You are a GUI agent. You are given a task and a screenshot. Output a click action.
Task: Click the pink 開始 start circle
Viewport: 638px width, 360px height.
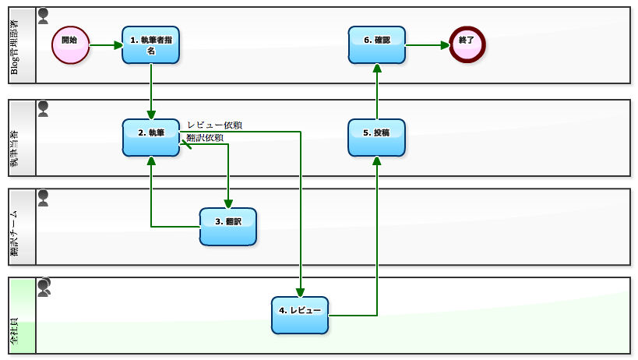[x=70, y=44]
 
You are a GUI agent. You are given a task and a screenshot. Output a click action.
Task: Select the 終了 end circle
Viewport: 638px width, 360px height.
[x=467, y=44]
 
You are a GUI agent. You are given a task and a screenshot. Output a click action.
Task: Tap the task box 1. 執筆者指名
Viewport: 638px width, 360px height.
[x=150, y=45]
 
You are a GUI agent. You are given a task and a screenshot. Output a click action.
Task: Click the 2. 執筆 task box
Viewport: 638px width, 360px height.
[x=150, y=136]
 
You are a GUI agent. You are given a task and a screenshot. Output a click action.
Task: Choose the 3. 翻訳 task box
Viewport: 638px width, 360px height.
[x=227, y=226]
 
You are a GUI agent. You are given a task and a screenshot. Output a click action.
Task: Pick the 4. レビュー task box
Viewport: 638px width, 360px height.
[x=300, y=315]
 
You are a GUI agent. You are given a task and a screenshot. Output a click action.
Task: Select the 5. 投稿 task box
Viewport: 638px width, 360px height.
[x=377, y=137]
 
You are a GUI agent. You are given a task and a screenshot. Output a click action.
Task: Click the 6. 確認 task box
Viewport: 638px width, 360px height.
[x=377, y=44]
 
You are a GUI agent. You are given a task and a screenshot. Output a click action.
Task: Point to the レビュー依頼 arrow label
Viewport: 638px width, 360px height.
[x=214, y=125]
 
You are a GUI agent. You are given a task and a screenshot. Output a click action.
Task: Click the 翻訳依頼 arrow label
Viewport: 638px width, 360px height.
[x=205, y=138]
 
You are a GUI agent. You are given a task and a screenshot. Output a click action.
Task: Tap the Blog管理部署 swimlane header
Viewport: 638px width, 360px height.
[x=21, y=45]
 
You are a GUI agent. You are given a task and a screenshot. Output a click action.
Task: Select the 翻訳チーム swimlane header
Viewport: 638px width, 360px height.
[x=21, y=227]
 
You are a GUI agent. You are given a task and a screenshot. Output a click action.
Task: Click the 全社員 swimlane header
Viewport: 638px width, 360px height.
[x=21, y=316]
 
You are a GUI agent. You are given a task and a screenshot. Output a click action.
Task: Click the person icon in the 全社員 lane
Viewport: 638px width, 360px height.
[x=44, y=287]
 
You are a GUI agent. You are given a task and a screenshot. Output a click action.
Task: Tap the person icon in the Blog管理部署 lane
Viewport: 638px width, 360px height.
[x=43, y=15]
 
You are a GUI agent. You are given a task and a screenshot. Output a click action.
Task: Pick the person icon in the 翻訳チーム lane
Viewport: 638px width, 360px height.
[x=43, y=198]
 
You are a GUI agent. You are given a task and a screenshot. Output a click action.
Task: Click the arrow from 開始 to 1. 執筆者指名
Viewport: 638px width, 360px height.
[x=105, y=45]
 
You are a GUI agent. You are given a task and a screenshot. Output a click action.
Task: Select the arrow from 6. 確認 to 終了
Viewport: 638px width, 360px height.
[x=427, y=45]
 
